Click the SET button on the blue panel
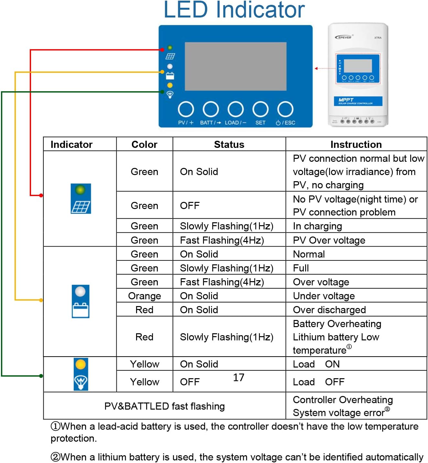260,109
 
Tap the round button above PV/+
186,109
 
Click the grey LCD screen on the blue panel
235,66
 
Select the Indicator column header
71,144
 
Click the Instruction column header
356,144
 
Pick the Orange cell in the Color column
144,296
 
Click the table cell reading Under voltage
324,296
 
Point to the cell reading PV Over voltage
329,240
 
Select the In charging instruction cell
317,226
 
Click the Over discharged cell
329,310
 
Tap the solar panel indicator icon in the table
81,199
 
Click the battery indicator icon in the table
80,302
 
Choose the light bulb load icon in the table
81,374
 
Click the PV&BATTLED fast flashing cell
165,406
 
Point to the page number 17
239,377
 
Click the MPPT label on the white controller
346,100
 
